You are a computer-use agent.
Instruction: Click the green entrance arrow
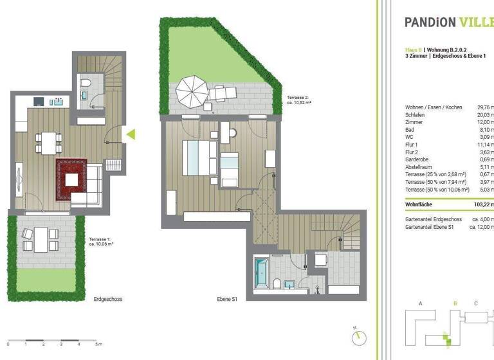[x=130, y=134]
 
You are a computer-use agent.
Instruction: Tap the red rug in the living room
[x=70, y=179]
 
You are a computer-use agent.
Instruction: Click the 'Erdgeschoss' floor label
[x=108, y=300]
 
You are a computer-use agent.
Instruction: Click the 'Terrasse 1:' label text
[x=100, y=239]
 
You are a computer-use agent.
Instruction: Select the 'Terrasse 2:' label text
[x=299, y=98]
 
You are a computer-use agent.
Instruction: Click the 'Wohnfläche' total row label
[x=421, y=204]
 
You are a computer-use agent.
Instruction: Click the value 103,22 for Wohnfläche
[x=482, y=204]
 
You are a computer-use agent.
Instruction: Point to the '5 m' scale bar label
[x=98, y=345]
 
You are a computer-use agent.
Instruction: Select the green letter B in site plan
[x=455, y=303]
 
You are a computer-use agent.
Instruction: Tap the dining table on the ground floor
[x=48, y=142]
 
